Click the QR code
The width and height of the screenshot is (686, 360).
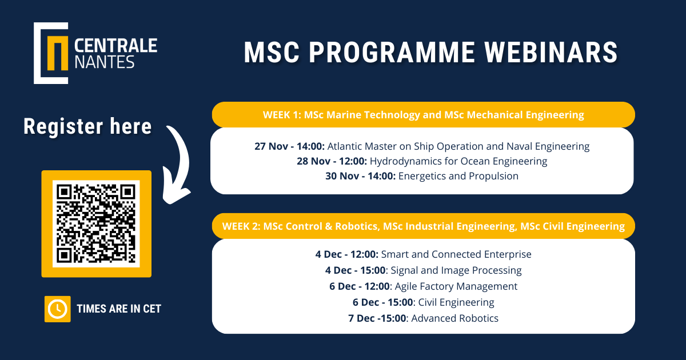pos(96,223)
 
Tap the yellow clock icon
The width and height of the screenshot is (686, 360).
pos(58,309)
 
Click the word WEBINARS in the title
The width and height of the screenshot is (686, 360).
pos(551,53)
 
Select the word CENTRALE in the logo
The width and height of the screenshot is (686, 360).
pos(115,45)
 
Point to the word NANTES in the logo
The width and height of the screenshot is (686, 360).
pos(105,62)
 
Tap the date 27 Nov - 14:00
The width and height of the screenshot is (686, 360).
pos(289,146)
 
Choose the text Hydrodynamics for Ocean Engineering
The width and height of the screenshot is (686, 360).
pos(458,161)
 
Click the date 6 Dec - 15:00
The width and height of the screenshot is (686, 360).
pos(383,302)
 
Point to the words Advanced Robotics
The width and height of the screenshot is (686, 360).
pos(455,318)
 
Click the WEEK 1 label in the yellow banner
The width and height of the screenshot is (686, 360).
pos(282,115)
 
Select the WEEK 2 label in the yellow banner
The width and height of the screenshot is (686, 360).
pos(241,226)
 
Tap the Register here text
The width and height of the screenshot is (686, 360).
pos(87,126)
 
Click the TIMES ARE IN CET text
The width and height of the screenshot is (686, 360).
pos(119,309)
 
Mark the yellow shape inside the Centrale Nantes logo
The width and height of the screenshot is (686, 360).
pos(58,53)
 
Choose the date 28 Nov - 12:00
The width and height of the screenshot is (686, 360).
pos(332,161)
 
